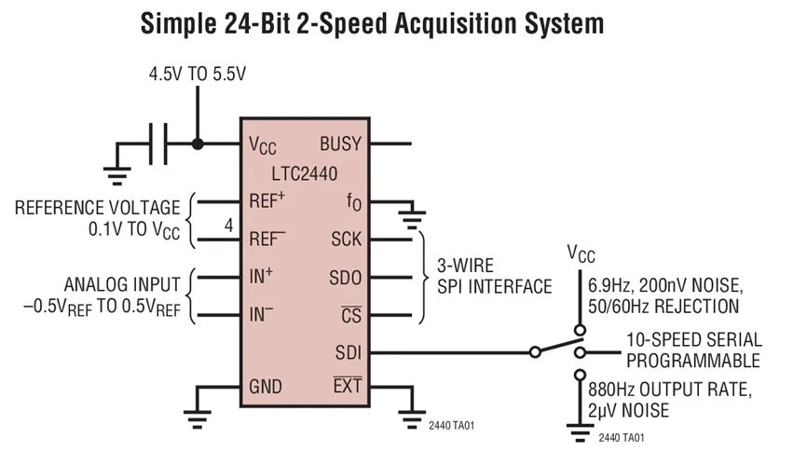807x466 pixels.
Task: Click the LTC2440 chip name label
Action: pyautogui.click(x=305, y=173)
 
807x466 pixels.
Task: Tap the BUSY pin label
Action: pyautogui.click(x=341, y=144)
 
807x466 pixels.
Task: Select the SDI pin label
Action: pyautogui.click(x=349, y=352)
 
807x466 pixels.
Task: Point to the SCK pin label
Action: pyautogui.click(x=347, y=239)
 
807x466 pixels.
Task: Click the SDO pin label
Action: pyautogui.click(x=346, y=278)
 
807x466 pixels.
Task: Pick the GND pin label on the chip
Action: pyautogui.click(x=266, y=386)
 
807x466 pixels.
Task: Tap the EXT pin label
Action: pyautogui.click(x=348, y=385)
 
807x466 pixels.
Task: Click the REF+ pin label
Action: pyautogui.click(x=267, y=199)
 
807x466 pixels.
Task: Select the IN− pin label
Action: pyautogui.click(x=262, y=313)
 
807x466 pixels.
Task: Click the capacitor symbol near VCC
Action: pyautogui.click(x=158, y=144)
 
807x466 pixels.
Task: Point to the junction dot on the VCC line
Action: pyautogui.click(x=198, y=144)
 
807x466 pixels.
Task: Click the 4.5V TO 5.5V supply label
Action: pyautogui.click(x=198, y=75)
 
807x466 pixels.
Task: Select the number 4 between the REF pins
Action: pyautogui.click(x=228, y=225)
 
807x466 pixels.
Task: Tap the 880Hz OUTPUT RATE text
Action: pyautogui.click(x=670, y=390)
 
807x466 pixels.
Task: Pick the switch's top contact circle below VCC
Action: pyautogui.click(x=580, y=330)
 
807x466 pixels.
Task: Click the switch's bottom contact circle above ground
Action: pyautogui.click(x=580, y=375)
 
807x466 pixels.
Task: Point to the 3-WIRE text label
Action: pyautogui.click(x=465, y=266)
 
